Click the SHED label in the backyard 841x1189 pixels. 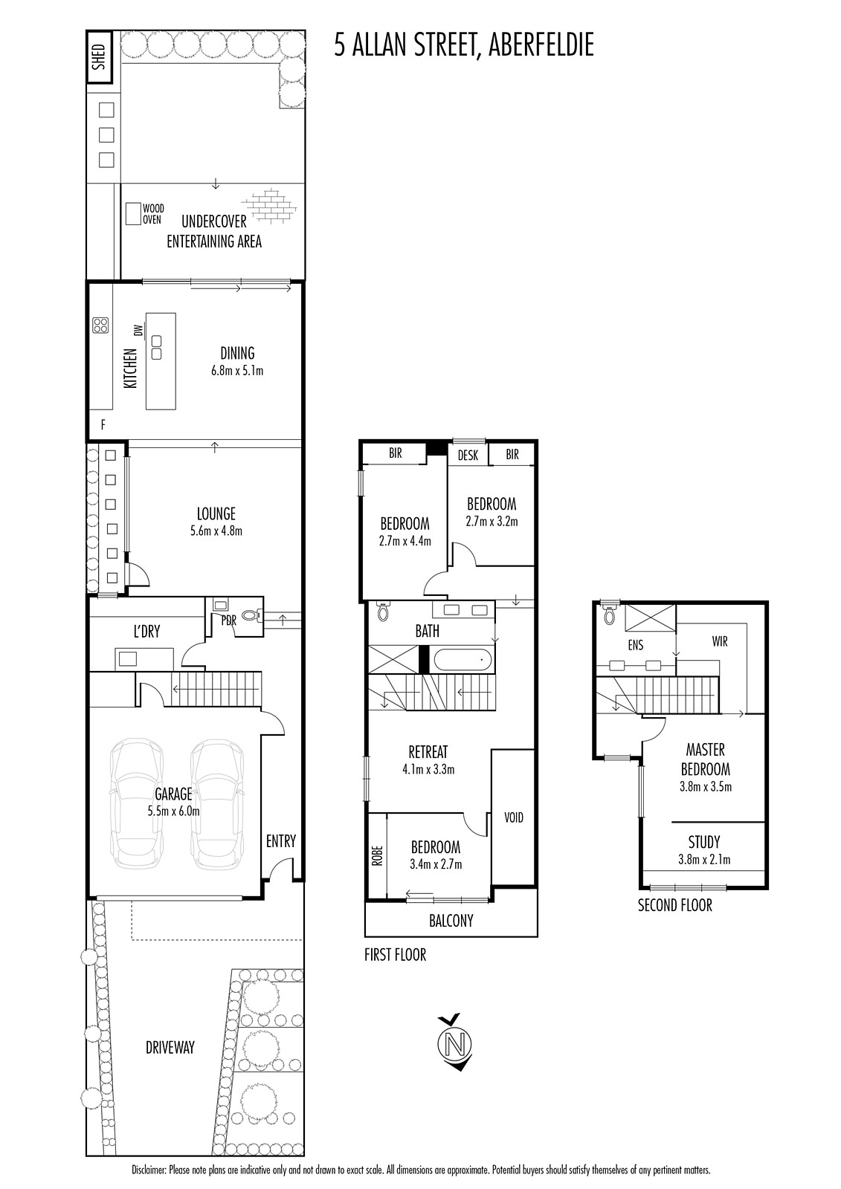click(100, 57)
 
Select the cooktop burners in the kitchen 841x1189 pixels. click(100, 325)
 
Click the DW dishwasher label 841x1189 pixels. click(139, 330)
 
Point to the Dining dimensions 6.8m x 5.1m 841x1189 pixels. click(237, 371)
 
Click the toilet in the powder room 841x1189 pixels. click(252, 615)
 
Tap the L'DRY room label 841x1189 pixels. click(146, 632)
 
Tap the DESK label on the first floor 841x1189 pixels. click(468, 456)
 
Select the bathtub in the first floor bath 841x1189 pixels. click(463, 661)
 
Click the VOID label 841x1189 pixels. click(514, 817)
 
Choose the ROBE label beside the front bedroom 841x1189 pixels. click(377, 855)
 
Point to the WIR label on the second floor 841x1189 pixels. click(720, 642)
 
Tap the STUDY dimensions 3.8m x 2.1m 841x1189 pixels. click(704, 859)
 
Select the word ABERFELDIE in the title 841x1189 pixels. click(541, 45)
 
